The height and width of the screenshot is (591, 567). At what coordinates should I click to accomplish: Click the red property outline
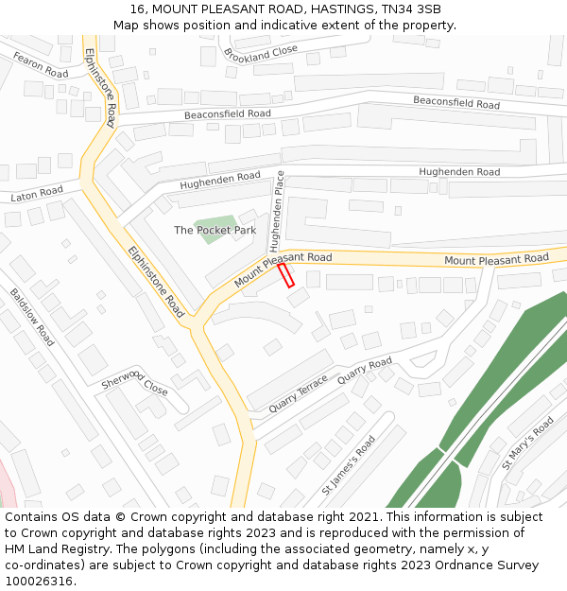(x=286, y=275)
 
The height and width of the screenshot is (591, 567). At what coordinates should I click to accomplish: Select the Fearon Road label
(x=41, y=65)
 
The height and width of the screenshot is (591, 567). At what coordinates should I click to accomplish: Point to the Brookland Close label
(x=261, y=54)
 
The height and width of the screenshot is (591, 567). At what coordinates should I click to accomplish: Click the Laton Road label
(x=37, y=194)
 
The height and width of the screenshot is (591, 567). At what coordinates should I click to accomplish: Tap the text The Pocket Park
(x=215, y=230)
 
